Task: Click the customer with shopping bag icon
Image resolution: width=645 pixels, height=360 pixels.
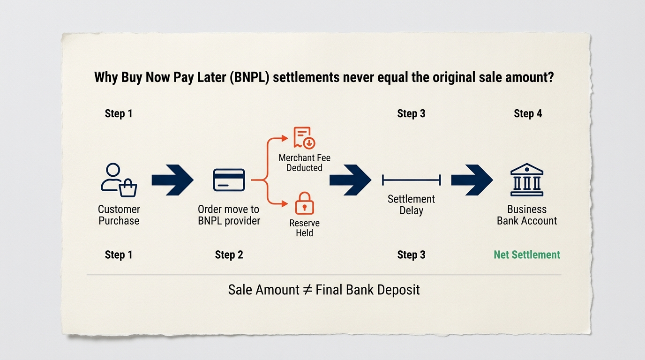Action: tap(118, 180)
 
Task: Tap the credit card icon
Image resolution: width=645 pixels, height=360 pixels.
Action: tap(229, 180)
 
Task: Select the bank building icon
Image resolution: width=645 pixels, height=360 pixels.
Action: tap(527, 180)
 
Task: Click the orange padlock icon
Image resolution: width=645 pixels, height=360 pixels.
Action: tap(304, 203)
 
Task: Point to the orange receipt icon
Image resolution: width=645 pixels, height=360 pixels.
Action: tap(304, 138)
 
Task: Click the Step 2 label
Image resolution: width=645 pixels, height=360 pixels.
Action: tap(229, 255)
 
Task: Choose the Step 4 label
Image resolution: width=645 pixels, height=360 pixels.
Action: tap(528, 113)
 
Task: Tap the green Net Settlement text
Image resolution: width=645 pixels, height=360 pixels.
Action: tap(527, 255)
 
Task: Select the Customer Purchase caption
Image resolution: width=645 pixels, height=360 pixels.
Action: tap(119, 215)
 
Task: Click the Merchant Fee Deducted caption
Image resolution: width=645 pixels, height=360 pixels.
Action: tap(304, 163)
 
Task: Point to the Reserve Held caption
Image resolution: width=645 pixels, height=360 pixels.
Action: tap(304, 228)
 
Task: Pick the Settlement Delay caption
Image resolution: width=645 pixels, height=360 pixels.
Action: tap(411, 204)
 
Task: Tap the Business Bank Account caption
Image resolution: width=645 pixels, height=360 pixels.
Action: tap(527, 215)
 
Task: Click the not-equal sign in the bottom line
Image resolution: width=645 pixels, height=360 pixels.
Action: tap(307, 290)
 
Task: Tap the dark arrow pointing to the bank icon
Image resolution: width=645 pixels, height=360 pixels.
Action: tap(472, 180)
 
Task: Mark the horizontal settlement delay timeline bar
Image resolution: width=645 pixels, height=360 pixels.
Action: tap(411, 180)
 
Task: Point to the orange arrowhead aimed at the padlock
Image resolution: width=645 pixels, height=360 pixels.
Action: tap(285, 204)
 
